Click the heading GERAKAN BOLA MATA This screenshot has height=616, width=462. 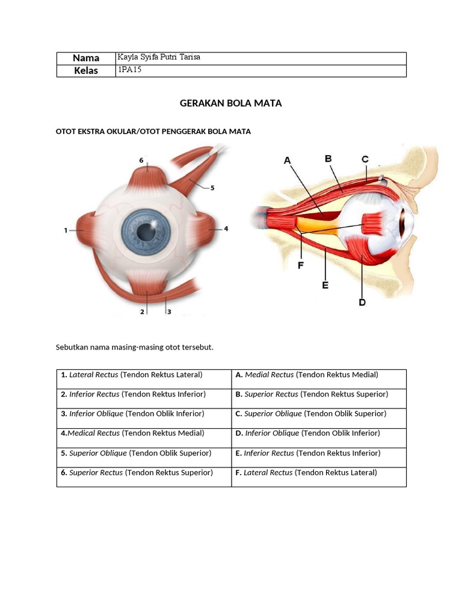[230, 103]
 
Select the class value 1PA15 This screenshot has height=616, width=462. [129, 70]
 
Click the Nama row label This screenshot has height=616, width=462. [86, 58]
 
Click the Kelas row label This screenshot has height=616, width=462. [86, 71]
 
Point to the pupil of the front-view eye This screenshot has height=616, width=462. [145, 231]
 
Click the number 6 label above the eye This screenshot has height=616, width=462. [141, 161]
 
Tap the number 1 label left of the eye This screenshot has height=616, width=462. [66, 229]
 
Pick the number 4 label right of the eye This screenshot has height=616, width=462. [226, 229]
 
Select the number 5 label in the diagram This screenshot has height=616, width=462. [212, 188]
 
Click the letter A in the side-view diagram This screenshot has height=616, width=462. [287, 161]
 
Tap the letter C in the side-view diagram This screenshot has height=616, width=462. [365, 159]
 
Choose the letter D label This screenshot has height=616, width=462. [362, 302]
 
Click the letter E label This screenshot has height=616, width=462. [325, 285]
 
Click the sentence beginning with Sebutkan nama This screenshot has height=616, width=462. [135, 348]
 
